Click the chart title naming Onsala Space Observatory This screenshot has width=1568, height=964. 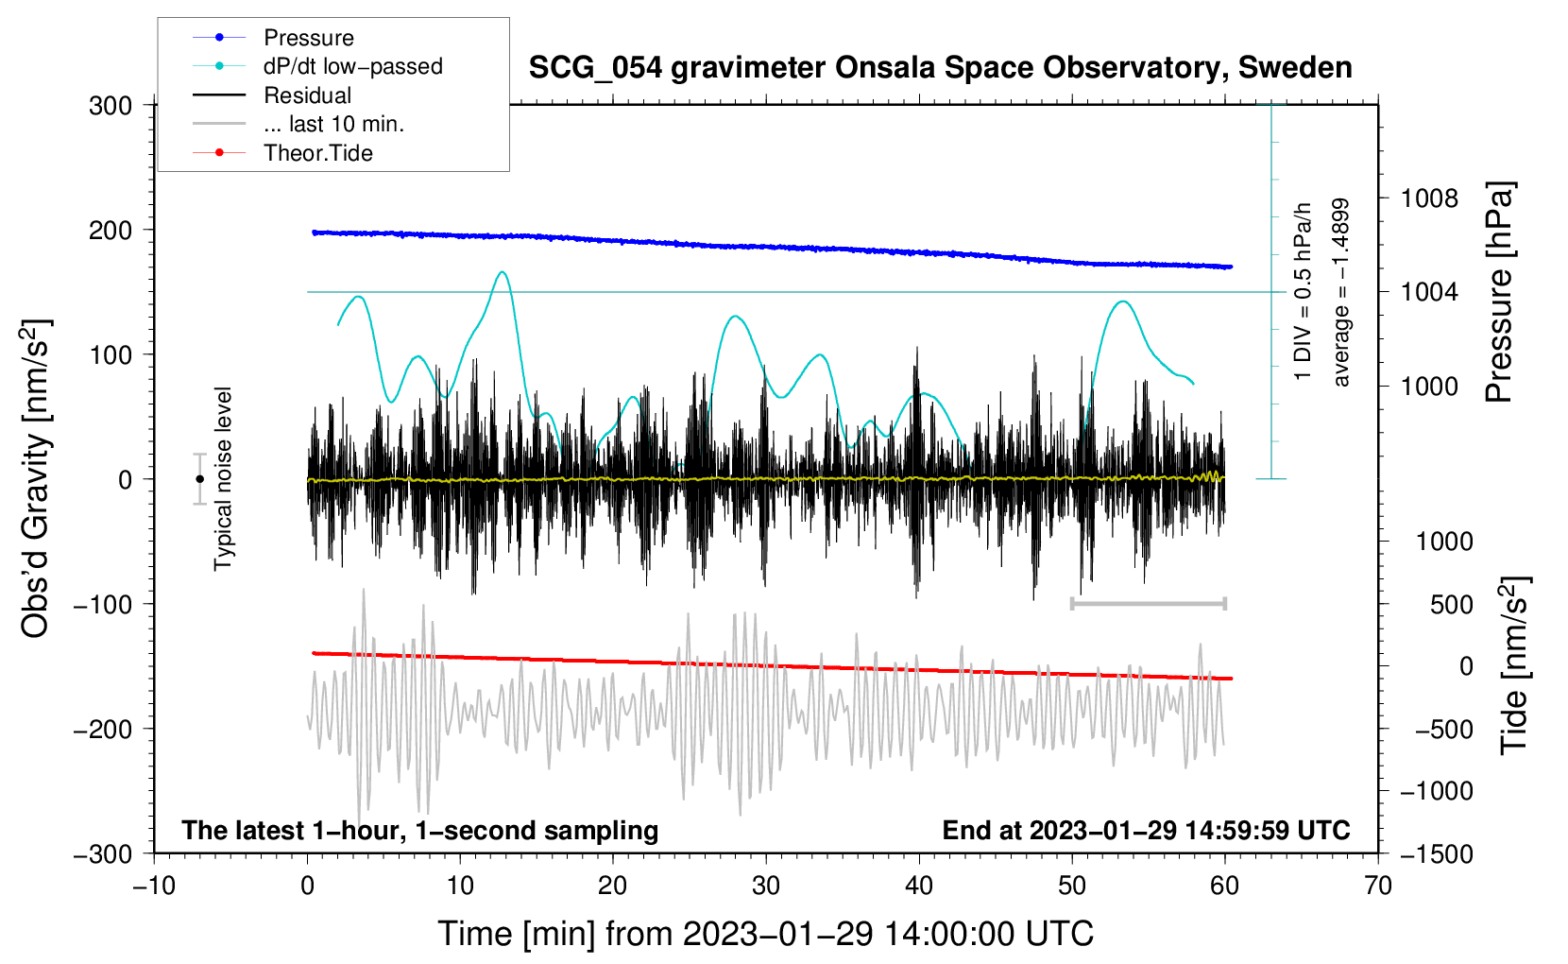(x=940, y=68)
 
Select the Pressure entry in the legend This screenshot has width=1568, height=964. (x=274, y=37)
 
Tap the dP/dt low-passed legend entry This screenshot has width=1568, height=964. (x=317, y=66)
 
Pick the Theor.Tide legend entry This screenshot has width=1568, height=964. (x=282, y=153)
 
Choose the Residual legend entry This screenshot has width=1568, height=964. (x=272, y=95)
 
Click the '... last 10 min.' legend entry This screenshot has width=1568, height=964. (x=298, y=124)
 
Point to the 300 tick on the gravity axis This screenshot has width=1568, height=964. (x=111, y=106)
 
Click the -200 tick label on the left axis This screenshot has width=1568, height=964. (x=103, y=730)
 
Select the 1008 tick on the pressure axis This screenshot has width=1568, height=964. (x=1429, y=199)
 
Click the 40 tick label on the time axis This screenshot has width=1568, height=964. (x=919, y=887)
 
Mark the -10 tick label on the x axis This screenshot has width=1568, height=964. (x=154, y=887)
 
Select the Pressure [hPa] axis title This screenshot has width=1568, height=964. (x=1499, y=292)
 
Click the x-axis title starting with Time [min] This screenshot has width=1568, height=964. (x=766, y=934)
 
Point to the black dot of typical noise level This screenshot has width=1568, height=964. (x=199, y=479)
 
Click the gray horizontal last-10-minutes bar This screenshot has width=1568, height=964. (x=1148, y=603)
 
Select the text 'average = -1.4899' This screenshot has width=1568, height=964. (x=1340, y=292)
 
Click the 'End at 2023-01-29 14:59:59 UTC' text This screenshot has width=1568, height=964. (x=1146, y=830)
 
